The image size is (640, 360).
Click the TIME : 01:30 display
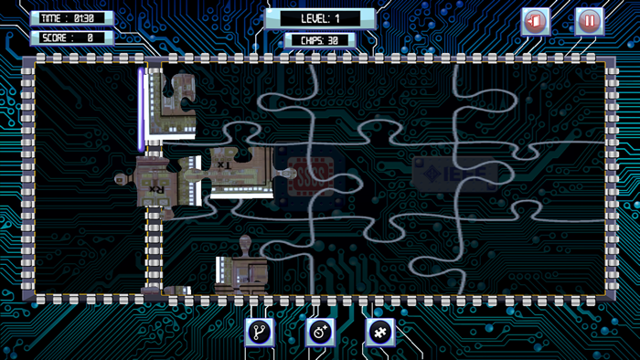point(71,17)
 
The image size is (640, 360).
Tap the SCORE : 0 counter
point(71,37)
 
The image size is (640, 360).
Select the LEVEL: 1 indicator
point(321,18)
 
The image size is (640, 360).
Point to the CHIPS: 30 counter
point(319,40)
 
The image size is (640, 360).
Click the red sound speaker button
point(535,21)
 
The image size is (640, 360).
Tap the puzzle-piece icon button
point(379,332)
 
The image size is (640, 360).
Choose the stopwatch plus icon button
point(320,332)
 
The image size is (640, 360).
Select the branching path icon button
point(260,332)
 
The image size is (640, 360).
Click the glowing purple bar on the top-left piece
point(141,108)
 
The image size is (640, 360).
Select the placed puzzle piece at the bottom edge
point(240,274)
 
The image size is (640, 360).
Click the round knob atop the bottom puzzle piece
point(245,243)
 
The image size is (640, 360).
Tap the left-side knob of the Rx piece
point(121,178)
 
